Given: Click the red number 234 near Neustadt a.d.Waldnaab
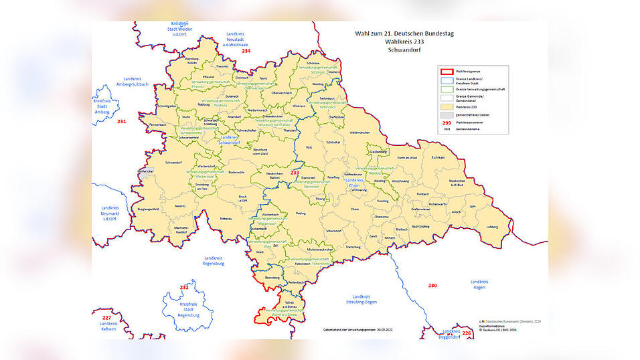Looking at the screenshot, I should point(246,51).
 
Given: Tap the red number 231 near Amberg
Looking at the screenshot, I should point(121,121).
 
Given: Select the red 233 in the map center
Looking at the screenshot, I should point(295,173).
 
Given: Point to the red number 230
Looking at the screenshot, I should point(432,286).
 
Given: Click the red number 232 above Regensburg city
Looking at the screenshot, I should point(184,287).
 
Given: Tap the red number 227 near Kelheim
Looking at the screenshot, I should point(106,318).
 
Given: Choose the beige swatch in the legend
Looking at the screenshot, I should point(446,106).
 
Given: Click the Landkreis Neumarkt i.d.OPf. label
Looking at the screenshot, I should point(110,213).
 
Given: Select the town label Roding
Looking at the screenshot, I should point(299,214).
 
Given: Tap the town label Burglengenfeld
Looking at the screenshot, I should point(148,209).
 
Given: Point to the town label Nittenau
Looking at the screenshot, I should point(226,218).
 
